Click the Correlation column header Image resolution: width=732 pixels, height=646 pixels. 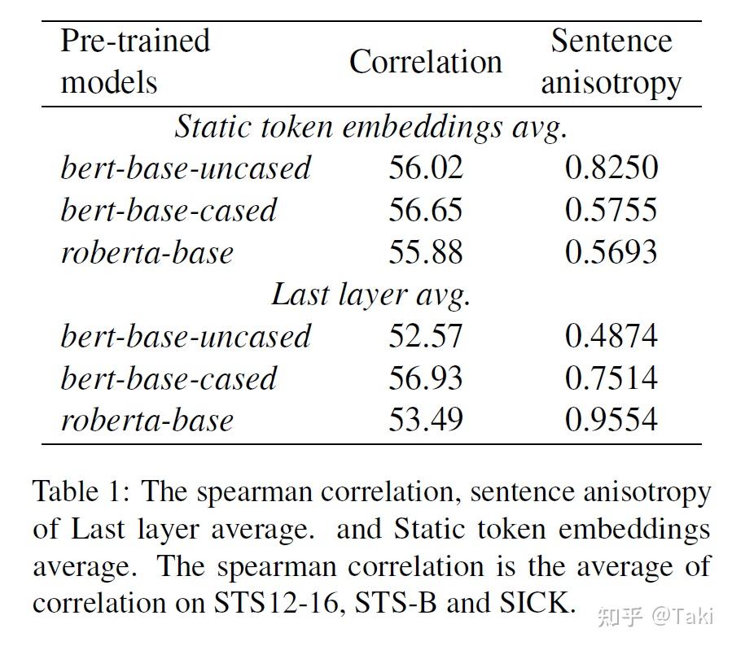click(425, 63)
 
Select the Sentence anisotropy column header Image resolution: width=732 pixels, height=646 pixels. click(611, 62)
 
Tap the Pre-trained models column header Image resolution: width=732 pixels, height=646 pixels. click(135, 61)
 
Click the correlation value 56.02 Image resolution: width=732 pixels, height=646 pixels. click(425, 168)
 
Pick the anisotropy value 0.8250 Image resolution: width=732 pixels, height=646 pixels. click(611, 168)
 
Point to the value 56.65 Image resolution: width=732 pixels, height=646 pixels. click(425, 210)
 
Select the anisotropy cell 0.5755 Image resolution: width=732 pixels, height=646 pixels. click(611, 210)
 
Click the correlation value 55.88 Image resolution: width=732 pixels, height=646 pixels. click(425, 252)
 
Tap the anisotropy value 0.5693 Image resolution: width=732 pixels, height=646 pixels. click(611, 252)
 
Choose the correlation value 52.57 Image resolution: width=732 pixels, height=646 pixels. click(425, 336)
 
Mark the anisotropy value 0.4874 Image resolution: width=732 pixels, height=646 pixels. click(611, 336)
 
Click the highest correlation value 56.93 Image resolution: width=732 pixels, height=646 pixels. click(425, 378)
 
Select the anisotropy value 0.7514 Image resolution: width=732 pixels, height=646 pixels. click(611, 378)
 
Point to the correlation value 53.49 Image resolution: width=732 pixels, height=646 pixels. click(425, 420)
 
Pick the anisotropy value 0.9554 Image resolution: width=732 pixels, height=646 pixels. click(611, 420)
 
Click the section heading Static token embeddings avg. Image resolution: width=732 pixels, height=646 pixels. click(370, 127)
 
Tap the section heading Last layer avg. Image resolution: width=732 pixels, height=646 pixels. click(370, 295)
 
